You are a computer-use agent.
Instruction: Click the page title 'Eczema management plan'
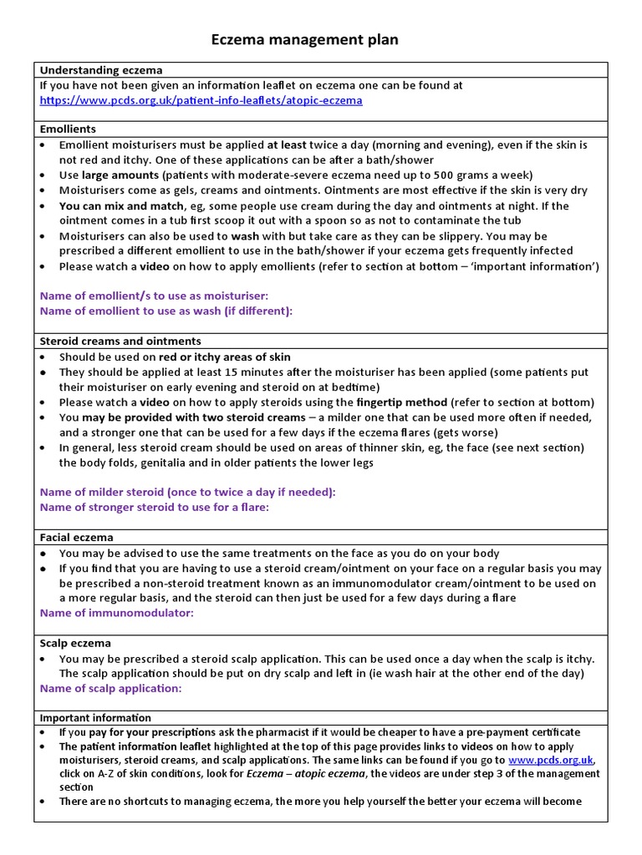[x=303, y=39]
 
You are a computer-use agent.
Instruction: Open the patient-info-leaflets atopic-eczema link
[x=201, y=100]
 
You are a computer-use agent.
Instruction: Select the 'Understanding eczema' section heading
[x=101, y=70]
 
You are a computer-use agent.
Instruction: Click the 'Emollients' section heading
[x=68, y=129]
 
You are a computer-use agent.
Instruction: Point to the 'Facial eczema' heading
[x=76, y=538]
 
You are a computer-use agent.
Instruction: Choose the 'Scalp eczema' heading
[x=75, y=644]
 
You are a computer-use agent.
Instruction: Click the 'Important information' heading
[x=95, y=718]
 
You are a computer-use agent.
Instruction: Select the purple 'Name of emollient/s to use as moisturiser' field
[x=155, y=296]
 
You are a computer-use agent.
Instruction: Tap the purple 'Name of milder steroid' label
[x=187, y=493]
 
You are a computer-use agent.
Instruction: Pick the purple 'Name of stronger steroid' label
[x=155, y=508]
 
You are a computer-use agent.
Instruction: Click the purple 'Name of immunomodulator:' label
[x=117, y=613]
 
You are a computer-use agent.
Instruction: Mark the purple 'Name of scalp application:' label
[x=111, y=689]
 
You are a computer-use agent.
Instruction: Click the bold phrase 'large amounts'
[x=120, y=175]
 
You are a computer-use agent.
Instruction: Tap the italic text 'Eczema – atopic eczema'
[x=307, y=774]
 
